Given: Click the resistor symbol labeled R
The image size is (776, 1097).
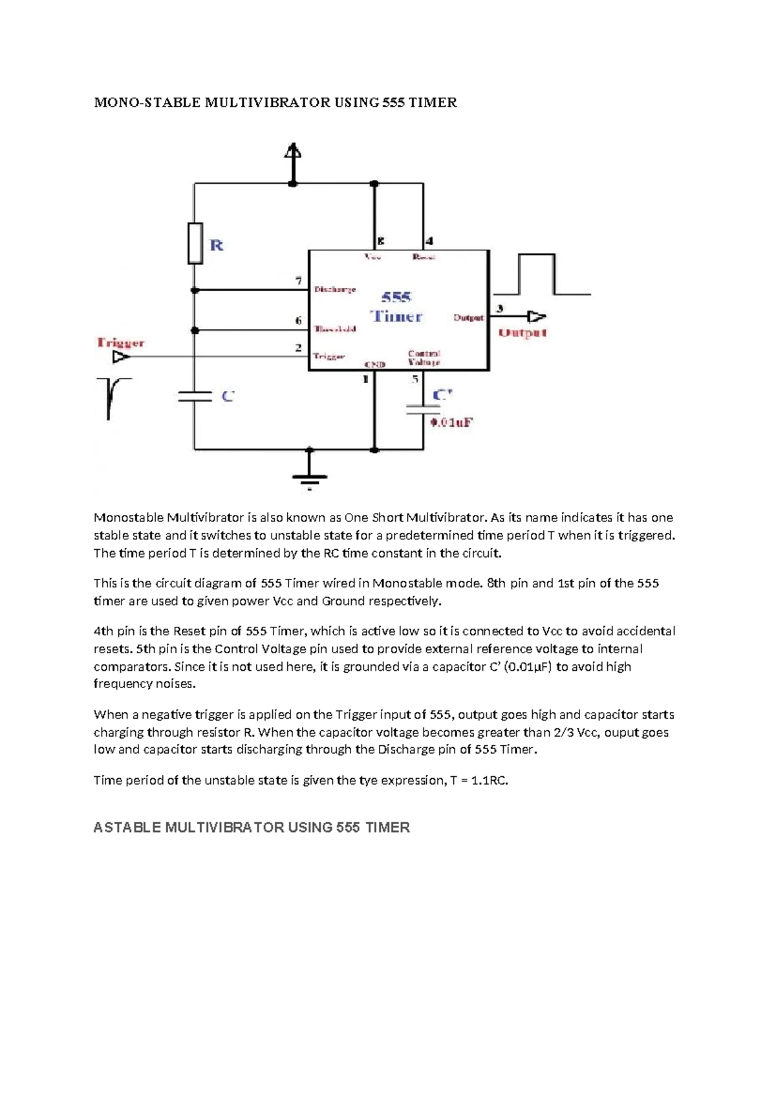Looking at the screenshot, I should [195, 243].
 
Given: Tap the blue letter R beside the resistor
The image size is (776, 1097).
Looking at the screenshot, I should [217, 245].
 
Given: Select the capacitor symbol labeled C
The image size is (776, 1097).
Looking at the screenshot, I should [195, 396].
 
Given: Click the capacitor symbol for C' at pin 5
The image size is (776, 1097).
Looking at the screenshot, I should [423, 409].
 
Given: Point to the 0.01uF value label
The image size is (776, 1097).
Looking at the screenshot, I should [452, 422].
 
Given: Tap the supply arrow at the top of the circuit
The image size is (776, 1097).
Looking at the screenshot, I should [293, 155].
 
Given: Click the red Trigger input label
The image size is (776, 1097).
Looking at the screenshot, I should [120, 342].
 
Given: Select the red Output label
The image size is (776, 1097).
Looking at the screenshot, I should [523, 332].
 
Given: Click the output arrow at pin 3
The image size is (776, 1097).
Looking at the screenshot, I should [536, 316].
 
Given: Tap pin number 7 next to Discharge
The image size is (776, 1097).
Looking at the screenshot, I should [299, 281].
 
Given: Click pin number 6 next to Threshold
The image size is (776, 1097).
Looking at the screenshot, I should [299, 320].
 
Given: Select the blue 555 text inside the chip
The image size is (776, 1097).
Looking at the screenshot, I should [396, 298].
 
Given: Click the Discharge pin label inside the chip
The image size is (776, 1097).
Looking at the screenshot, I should [335, 289].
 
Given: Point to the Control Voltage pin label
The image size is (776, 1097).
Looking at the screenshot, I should [424, 358].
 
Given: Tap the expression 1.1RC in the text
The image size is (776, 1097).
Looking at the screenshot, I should [490, 780].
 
